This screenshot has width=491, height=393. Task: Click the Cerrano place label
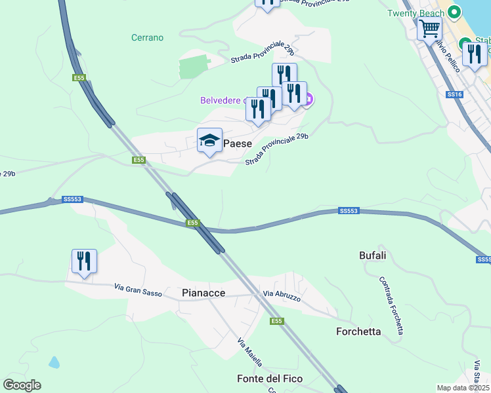(147, 37)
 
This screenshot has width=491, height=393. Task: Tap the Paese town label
(237, 143)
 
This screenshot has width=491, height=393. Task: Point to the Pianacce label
(203, 294)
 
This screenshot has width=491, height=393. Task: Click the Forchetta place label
(358, 331)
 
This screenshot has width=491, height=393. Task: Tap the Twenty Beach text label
(416, 13)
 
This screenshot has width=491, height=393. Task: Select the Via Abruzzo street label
(282, 297)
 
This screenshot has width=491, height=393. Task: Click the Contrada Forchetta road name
(391, 305)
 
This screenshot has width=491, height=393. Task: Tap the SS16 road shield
(454, 94)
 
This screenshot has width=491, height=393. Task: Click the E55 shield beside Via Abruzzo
(277, 321)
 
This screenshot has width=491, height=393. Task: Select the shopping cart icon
(429, 28)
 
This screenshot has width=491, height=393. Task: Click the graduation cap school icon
(209, 140)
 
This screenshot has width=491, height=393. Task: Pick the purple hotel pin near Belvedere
(307, 100)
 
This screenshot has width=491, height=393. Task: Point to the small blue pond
(53, 362)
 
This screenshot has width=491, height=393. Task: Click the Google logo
(22, 385)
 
